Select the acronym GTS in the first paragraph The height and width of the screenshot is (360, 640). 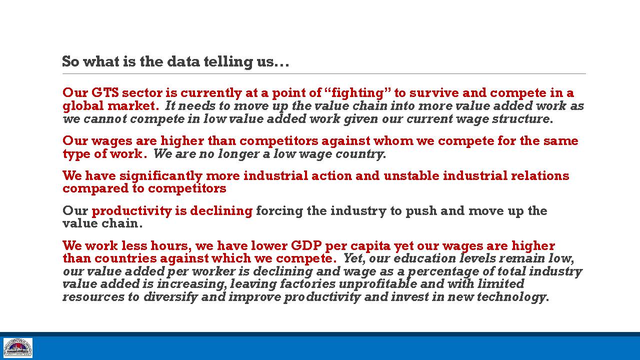[105, 92]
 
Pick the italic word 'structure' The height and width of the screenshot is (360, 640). [520, 118]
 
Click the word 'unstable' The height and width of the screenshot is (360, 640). [411, 175]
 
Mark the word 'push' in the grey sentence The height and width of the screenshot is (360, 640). [421, 211]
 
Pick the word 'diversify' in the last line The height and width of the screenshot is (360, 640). [170, 297]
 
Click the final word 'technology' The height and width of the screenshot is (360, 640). [511, 297]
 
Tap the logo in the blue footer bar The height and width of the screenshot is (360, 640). [17, 348]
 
